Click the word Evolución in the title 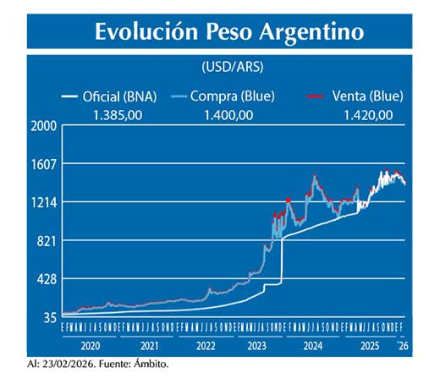142,31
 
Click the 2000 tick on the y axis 43,127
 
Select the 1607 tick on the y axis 43,164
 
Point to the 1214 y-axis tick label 43,202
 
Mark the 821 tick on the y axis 47,241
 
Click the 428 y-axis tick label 47,279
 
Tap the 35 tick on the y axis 49,317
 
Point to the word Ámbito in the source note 150,365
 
